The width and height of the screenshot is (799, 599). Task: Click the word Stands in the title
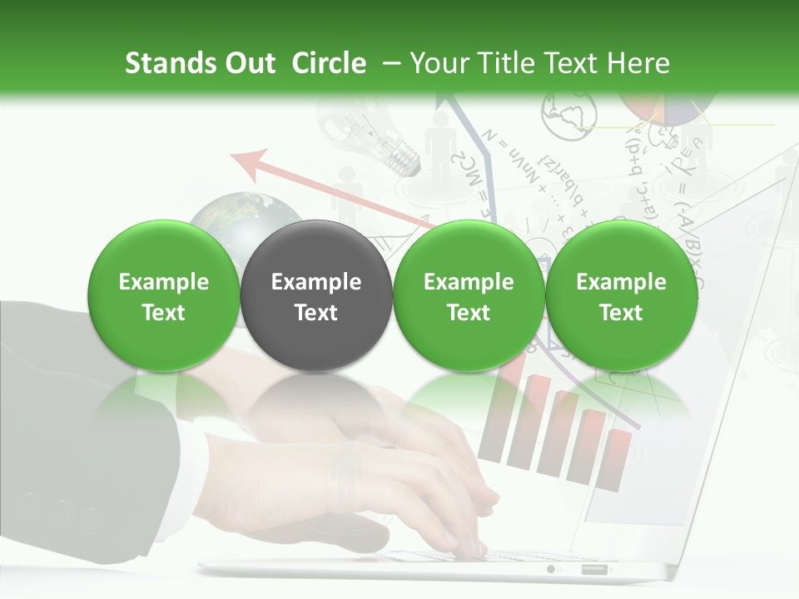click(163, 63)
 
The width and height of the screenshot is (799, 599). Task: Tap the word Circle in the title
click(329, 63)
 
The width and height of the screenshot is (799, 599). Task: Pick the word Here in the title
click(638, 63)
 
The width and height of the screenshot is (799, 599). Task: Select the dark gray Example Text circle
click(315, 296)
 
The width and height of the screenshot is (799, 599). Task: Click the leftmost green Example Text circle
click(163, 296)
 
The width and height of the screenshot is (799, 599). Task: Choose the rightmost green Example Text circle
click(621, 296)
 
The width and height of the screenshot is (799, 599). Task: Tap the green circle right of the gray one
click(469, 296)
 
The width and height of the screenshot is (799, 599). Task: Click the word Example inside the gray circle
click(316, 282)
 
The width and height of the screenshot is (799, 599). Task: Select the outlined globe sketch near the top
click(569, 114)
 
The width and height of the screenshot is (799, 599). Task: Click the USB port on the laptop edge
click(594, 570)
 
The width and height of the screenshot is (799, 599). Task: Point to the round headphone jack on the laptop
click(550, 570)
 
